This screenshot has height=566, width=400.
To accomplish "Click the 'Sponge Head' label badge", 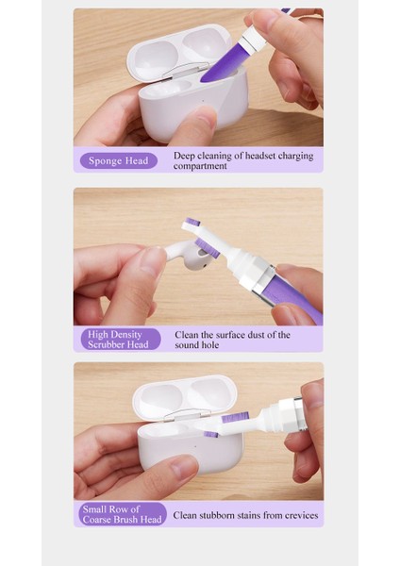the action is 119,160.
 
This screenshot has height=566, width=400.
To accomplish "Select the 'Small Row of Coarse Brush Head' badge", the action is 122,514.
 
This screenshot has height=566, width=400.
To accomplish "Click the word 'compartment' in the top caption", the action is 200,166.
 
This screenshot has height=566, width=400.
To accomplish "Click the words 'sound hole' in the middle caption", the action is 197,345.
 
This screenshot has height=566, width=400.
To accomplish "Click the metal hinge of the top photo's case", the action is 186,70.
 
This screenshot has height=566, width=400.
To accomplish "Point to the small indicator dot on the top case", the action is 203,102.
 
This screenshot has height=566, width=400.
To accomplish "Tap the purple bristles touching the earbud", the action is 208,247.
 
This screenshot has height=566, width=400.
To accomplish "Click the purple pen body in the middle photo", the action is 292,296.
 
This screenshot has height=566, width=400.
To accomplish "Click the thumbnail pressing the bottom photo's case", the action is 183,466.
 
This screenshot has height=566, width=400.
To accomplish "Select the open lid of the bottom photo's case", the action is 185,395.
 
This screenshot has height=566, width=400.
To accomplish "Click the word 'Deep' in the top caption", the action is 184,156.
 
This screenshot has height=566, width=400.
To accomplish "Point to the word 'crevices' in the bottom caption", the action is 302,515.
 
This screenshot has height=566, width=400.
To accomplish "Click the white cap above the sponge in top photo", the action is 254,39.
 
